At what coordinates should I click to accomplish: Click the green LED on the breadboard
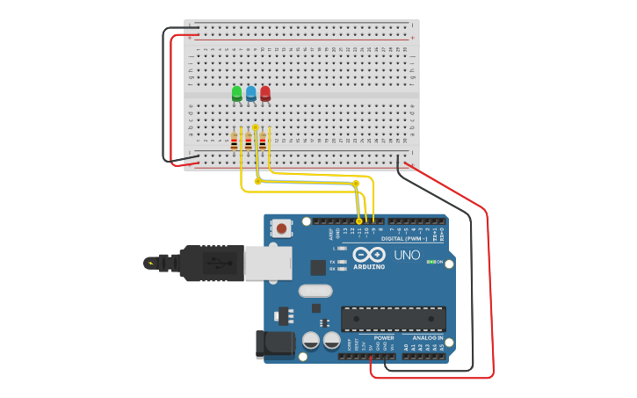pos(236,92)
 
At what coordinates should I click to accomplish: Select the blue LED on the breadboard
pos(250,92)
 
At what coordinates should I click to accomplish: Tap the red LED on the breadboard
pos(264,92)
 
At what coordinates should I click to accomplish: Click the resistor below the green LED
pos(234,141)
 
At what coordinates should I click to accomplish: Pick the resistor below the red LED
pos(262,141)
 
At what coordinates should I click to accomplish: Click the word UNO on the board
pos(406,255)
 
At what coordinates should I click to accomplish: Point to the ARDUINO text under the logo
pos(369,266)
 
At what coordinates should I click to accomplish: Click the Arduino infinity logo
pos(368,254)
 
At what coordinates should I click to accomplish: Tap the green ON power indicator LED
pos(429,262)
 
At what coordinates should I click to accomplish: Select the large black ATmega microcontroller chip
pos(393,319)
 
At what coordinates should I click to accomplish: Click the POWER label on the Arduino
pos(384,337)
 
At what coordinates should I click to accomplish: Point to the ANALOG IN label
pos(428,337)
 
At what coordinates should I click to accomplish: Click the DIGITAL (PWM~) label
pos(404,238)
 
